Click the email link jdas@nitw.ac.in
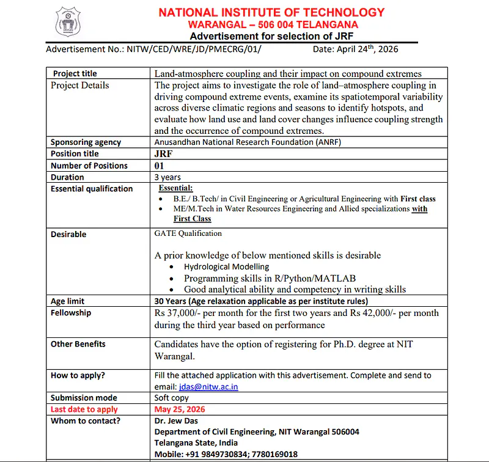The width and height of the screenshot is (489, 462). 208,387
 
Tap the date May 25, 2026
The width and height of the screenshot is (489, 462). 180,409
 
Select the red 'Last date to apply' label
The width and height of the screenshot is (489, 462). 84,409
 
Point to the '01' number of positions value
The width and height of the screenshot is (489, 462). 160,166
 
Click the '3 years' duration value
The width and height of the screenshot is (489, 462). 167,177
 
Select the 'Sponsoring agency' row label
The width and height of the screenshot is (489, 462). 86,142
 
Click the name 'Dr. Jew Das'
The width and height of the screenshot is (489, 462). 176,420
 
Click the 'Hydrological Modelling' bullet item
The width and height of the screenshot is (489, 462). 226,266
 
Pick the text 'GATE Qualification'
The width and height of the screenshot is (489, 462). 188,233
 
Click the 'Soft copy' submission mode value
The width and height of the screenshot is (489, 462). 172,398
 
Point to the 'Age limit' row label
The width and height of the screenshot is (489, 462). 67,301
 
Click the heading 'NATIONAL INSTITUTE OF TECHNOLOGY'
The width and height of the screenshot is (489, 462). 271,12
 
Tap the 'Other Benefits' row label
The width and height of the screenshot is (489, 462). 78,344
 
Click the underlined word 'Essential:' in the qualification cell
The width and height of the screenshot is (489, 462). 175,188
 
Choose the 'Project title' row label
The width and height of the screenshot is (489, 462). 75,73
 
